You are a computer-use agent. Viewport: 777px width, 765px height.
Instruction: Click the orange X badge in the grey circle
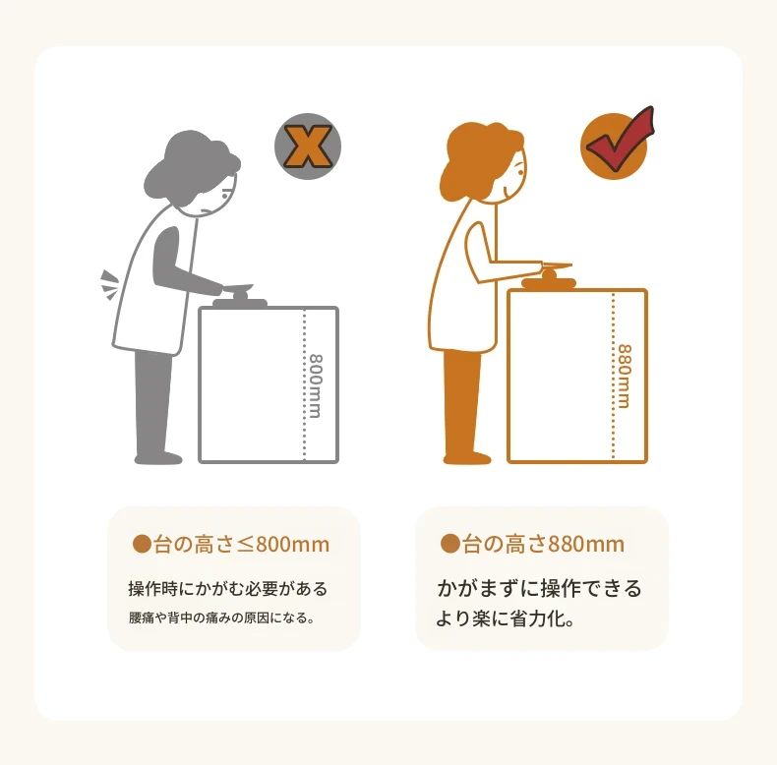(308, 147)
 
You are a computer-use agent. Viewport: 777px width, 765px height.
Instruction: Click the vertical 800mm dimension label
(316, 385)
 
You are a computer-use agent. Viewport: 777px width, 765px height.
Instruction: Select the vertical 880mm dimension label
(625, 376)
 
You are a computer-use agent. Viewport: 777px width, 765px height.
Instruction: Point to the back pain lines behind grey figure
(110, 285)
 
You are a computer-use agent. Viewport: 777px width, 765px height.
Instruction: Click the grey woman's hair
(191, 166)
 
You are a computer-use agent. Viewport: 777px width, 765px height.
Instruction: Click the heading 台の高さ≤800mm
(241, 544)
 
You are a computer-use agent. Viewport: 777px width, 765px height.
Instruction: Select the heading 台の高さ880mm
(543, 544)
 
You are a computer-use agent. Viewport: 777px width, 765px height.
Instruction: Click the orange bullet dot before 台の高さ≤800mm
(142, 544)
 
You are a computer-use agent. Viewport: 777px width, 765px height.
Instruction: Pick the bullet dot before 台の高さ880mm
(449, 543)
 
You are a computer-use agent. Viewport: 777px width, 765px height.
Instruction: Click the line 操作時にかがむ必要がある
(228, 589)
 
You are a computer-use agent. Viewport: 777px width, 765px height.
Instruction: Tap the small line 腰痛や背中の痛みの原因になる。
(222, 618)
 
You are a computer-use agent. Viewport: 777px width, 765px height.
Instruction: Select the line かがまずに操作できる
(539, 588)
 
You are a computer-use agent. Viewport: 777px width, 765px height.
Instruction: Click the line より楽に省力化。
(505, 618)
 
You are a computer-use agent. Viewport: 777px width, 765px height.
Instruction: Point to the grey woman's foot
(159, 458)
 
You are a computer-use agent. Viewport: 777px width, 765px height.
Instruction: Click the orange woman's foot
(467, 458)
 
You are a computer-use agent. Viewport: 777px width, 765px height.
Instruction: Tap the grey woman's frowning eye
(225, 196)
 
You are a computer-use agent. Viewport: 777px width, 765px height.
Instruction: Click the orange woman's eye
(520, 171)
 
